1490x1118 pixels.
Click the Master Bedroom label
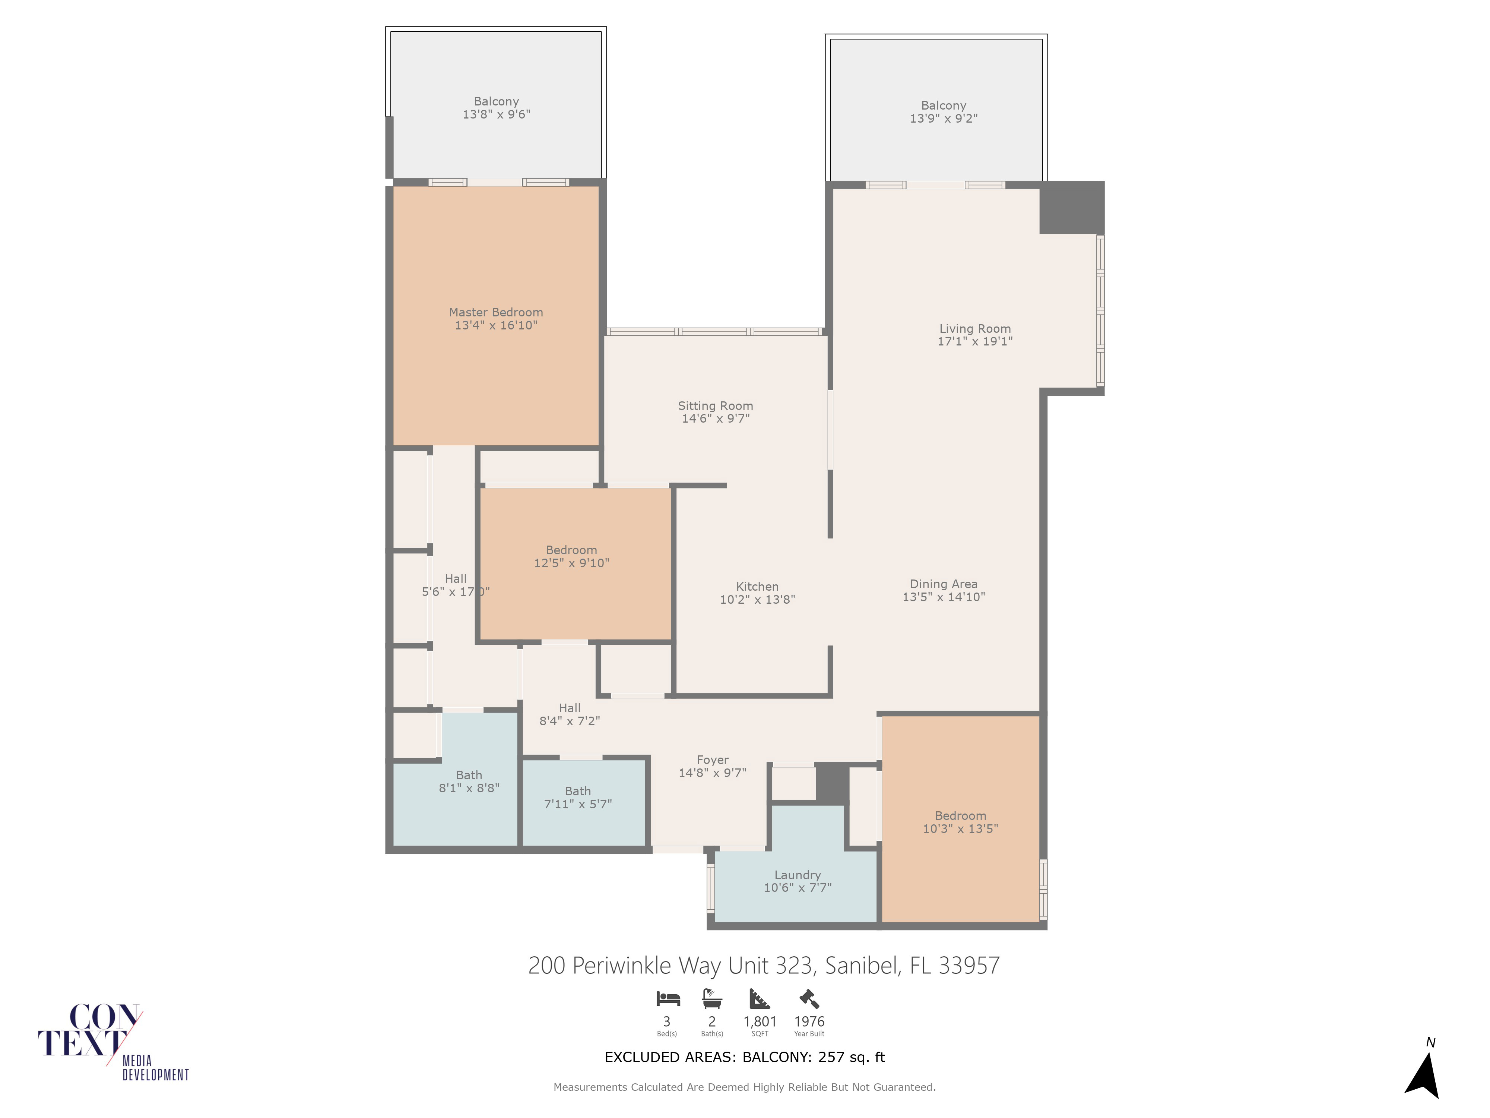[x=496, y=312]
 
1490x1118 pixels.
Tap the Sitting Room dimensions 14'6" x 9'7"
[x=715, y=419]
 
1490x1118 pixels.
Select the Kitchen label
[x=757, y=586]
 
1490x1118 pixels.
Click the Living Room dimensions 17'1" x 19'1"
[x=975, y=341]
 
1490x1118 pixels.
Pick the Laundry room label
[x=798, y=875]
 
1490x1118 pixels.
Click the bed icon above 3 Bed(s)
[x=668, y=998]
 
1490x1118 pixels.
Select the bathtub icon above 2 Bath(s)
[x=712, y=998]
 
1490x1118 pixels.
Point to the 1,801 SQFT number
[x=760, y=1021]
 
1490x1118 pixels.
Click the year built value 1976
[x=809, y=1021]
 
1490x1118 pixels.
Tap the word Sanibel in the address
[x=863, y=966]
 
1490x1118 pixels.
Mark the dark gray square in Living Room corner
[x=1072, y=208]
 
